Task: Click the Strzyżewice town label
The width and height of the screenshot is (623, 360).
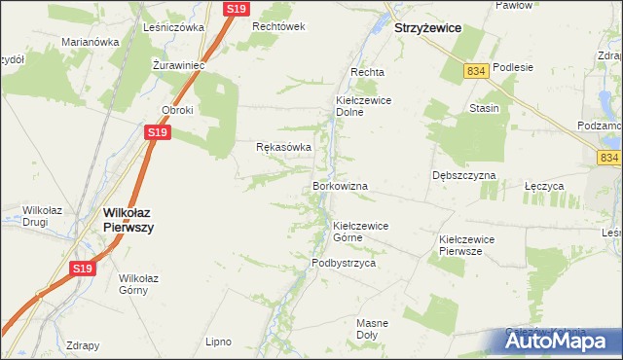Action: [427, 29]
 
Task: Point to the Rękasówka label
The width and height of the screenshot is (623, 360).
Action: [283, 147]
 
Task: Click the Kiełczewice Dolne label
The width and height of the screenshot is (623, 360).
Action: [363, 105]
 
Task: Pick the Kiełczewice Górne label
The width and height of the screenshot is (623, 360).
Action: [361, 232]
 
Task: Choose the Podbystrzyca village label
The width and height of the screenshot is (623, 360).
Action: [344, 263]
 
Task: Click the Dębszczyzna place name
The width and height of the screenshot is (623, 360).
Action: [464, 175]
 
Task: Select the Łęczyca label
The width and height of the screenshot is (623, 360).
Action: [544, 185]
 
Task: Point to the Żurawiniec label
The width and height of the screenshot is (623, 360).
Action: [176, 65]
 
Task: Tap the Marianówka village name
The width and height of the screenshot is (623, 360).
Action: [90, 42]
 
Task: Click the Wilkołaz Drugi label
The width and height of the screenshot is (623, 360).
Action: [45, 215]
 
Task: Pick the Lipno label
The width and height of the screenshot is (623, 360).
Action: [218, 342]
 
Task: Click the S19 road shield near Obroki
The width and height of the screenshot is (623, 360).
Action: [158, 131]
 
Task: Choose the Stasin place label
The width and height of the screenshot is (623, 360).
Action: [484, 108]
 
